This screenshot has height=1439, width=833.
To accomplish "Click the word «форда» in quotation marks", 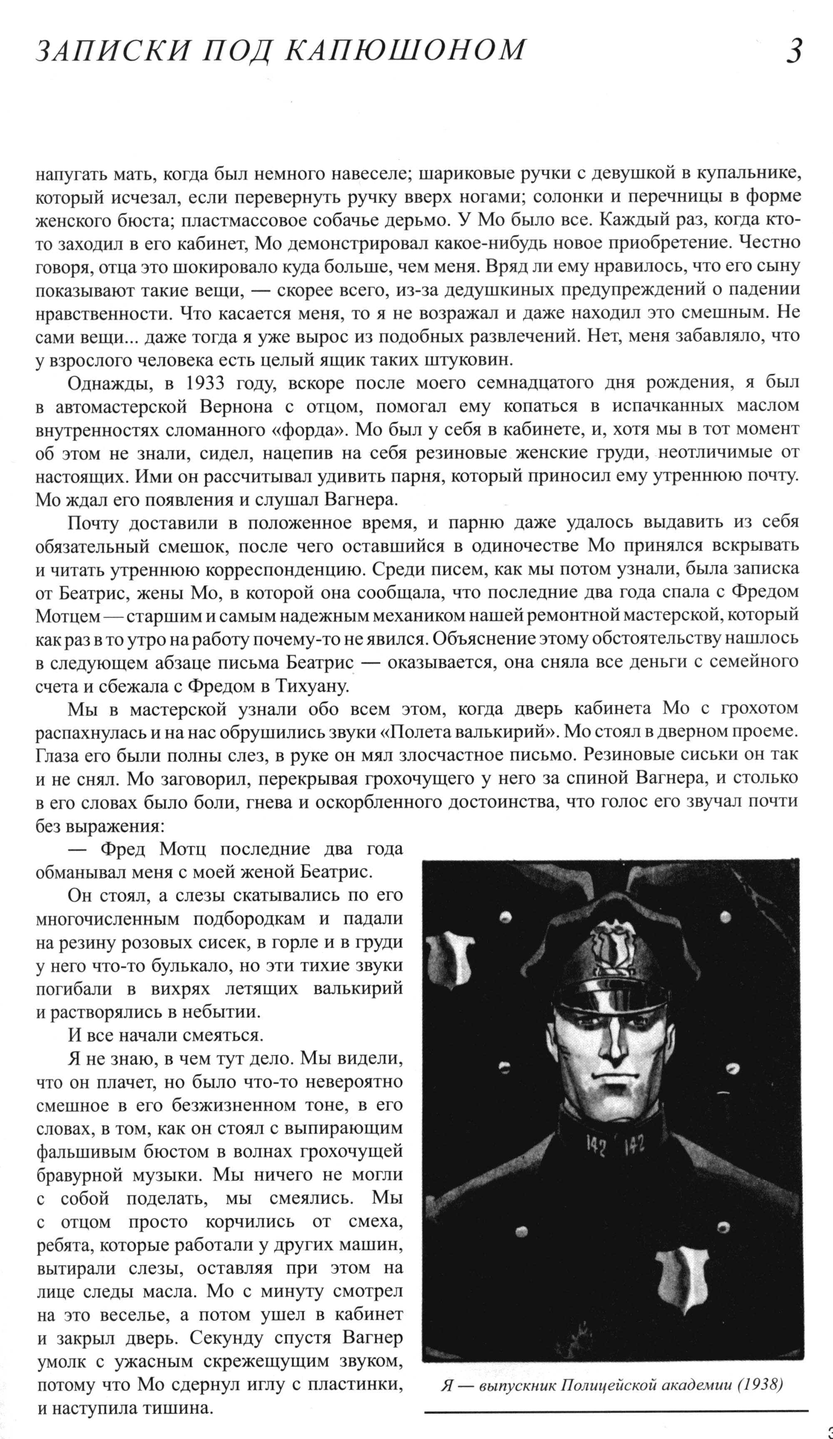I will (x=318, y=429).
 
